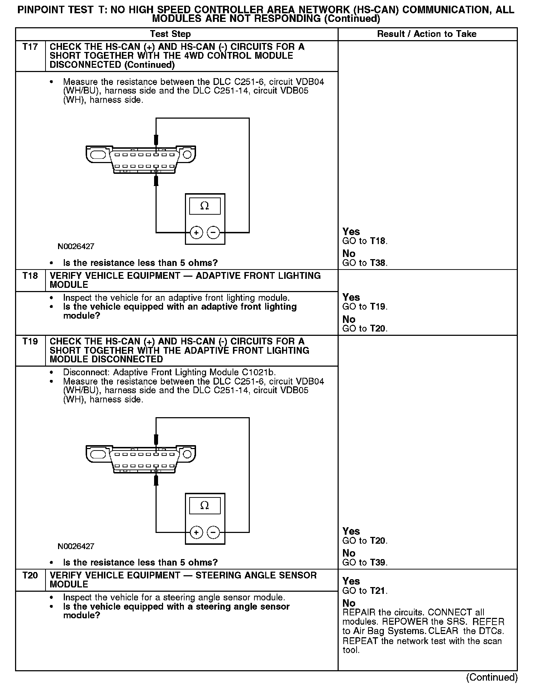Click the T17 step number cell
30,47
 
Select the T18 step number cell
30,276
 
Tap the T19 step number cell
30,342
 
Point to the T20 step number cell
30,575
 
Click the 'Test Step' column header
170,34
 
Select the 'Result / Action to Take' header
427,34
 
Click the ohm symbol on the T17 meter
205,206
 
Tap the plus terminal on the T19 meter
196,532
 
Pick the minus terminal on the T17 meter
214,233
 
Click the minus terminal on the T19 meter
214,532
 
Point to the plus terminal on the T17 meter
196,233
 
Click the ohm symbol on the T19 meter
205,505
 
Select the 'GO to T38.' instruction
365,263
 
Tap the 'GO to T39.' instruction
365,562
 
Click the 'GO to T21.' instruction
365,591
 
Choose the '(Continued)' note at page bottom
492,677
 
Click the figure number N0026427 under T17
76,247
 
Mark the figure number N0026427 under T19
76,546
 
